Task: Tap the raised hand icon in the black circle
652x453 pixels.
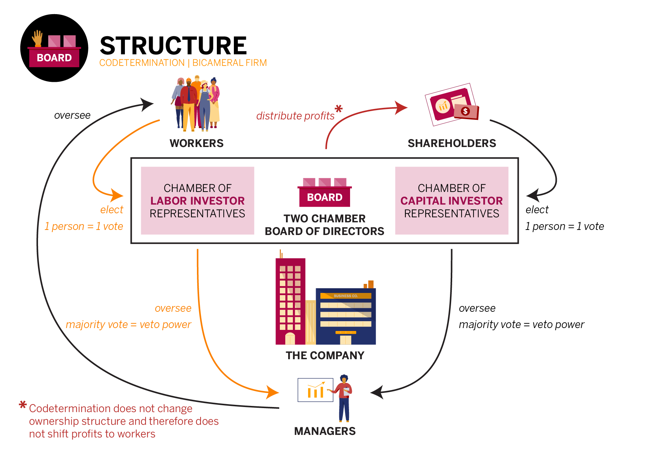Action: [37, 38]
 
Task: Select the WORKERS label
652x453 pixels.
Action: [197, 143]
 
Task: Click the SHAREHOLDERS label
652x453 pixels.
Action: [452, 143]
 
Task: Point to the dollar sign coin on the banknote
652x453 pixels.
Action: [466, 111]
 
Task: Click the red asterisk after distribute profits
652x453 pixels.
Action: [338, 109]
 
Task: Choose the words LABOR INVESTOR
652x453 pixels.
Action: [197, 201]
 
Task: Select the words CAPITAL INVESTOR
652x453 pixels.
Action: [451, 201]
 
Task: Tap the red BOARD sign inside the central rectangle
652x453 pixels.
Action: [325, 197]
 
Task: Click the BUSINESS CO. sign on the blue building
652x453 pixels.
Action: [345, 296]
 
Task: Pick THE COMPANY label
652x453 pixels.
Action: [325, 356]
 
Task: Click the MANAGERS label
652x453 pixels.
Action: [325, 431]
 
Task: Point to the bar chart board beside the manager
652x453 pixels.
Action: [315, 390]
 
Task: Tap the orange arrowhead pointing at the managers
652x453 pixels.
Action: [273, 392]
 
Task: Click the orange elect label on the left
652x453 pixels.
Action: [112, 210]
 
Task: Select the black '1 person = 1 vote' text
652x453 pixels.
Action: [564, 226]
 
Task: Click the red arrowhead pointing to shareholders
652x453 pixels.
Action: [401, 108]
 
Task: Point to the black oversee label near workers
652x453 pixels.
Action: [72, 115]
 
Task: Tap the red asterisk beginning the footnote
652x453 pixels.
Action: [23, 405]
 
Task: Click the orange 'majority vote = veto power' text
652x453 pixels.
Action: [128, 324]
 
